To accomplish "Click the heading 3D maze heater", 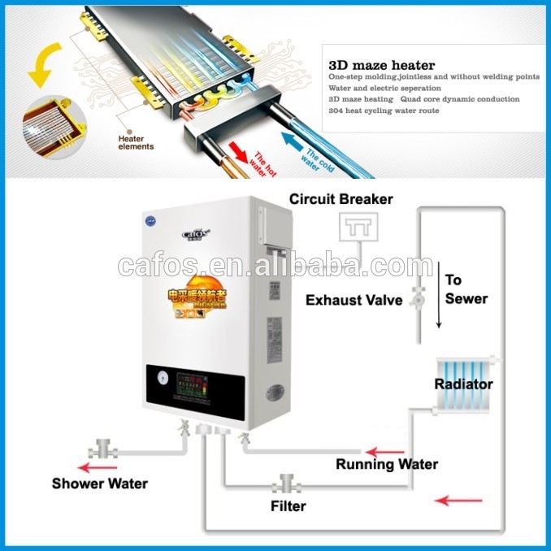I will [381, 65].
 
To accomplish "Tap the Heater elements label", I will [136, 142].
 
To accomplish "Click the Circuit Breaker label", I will [341, 199].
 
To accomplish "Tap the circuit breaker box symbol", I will [354, 231].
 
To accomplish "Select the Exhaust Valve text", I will [354, 300].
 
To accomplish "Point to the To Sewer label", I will [466, 289].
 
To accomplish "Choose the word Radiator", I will [463, 384].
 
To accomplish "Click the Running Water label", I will [387, 465].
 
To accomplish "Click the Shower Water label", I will [100, 484].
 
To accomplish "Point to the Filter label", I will [288, 506].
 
